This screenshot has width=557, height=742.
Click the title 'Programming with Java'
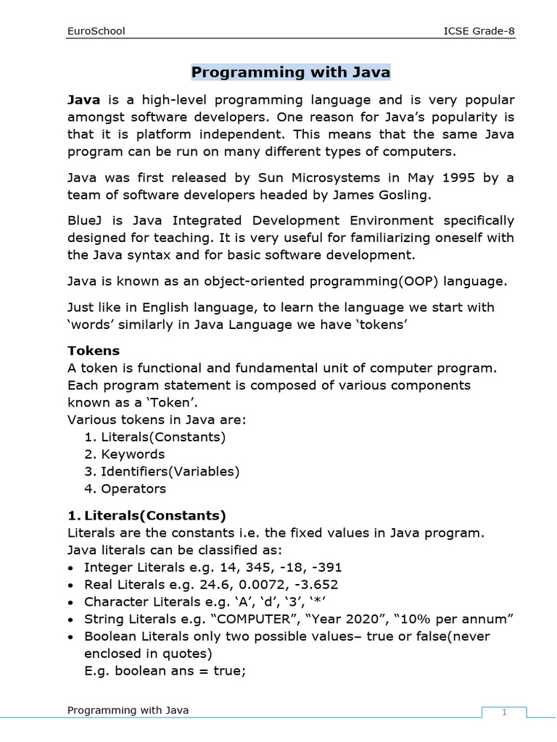click(291, 72)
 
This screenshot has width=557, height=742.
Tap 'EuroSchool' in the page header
click(96, 31)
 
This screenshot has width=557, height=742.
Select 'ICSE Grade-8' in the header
click(479, 31)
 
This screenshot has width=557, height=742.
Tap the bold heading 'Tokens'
click(94, 351)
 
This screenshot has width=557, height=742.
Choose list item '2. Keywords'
click(124, 454)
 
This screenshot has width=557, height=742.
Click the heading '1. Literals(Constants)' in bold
click(147, 516)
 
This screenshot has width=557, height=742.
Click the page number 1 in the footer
click(504, 713)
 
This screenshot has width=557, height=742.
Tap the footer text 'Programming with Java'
click(128, 710)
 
